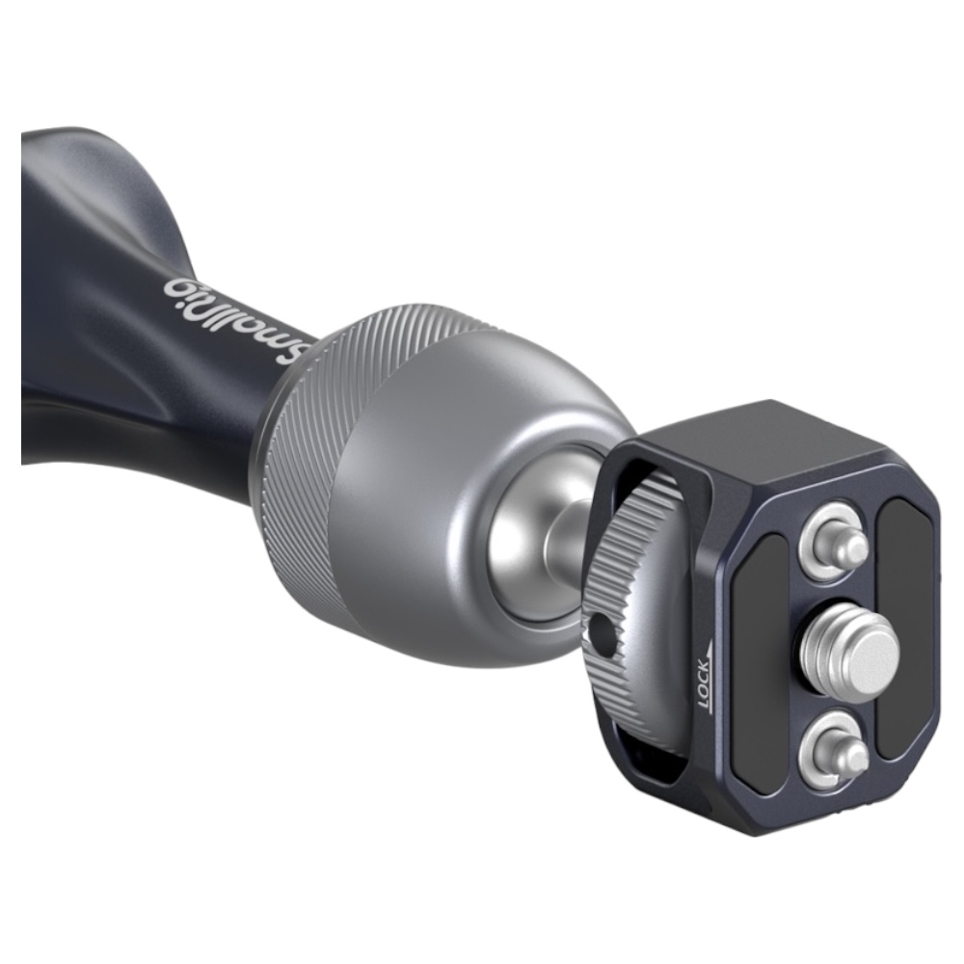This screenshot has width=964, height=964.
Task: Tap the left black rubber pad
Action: pos(763,652)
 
